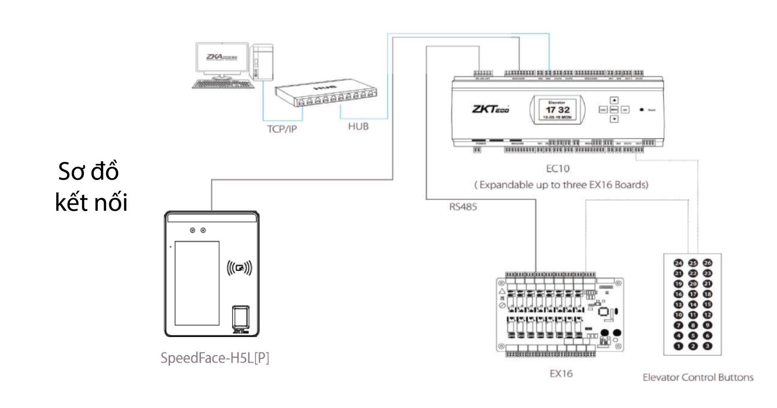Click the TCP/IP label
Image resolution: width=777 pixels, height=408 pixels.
282,129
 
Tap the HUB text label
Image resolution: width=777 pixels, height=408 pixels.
358,127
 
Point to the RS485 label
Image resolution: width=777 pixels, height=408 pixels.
463,207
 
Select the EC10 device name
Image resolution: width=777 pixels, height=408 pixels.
558,168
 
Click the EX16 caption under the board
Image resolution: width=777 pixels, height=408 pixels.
561,374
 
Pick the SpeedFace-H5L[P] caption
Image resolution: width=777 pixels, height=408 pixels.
214,358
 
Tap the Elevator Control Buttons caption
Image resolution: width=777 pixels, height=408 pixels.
698,377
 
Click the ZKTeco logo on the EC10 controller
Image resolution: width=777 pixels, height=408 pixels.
490,109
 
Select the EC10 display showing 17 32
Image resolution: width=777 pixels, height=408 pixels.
558,110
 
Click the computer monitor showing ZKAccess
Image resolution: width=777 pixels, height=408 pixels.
222,57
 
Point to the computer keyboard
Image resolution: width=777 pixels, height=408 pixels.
223,84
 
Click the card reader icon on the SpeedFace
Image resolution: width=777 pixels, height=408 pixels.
239,268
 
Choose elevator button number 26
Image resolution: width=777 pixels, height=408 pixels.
707,263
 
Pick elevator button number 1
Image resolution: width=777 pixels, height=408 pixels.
678,346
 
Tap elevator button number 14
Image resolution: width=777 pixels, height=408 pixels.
693,304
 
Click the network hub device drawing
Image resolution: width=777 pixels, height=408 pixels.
326,93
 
